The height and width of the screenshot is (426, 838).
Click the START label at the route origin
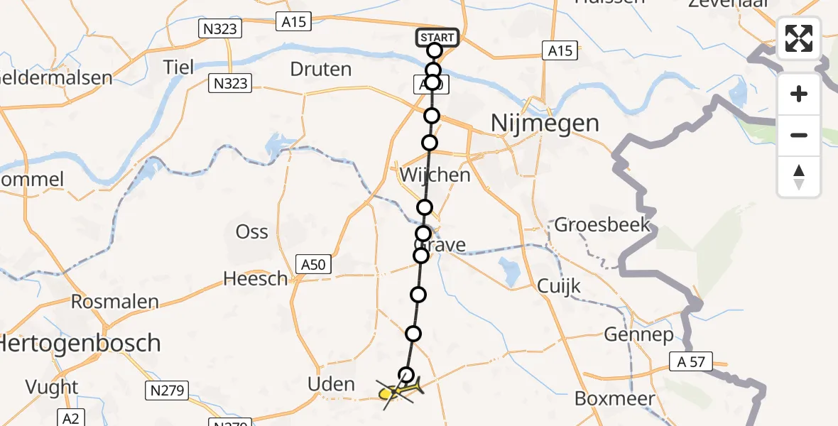pos(437,38)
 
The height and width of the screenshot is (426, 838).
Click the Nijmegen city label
pos(545,124)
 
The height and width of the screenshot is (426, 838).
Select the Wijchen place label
pos(435,175)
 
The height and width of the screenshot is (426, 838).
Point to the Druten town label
pos(321,70)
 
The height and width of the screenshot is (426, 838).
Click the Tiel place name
pos(178,67)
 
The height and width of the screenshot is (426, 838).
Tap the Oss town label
pos(252,232)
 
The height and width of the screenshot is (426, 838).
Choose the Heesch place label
pos(256,279)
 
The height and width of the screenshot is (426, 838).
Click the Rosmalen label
pos(115,302)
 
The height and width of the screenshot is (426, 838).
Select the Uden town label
pos(331,385)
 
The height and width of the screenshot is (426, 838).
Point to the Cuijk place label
pos(558,287)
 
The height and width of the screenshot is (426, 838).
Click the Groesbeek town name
pos(602,226)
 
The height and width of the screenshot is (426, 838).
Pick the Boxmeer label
pos(615,399)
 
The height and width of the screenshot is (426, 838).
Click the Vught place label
pos(52,387)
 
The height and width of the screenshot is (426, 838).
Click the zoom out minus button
pos(799,135)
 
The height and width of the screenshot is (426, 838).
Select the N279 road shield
pos(168,390)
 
